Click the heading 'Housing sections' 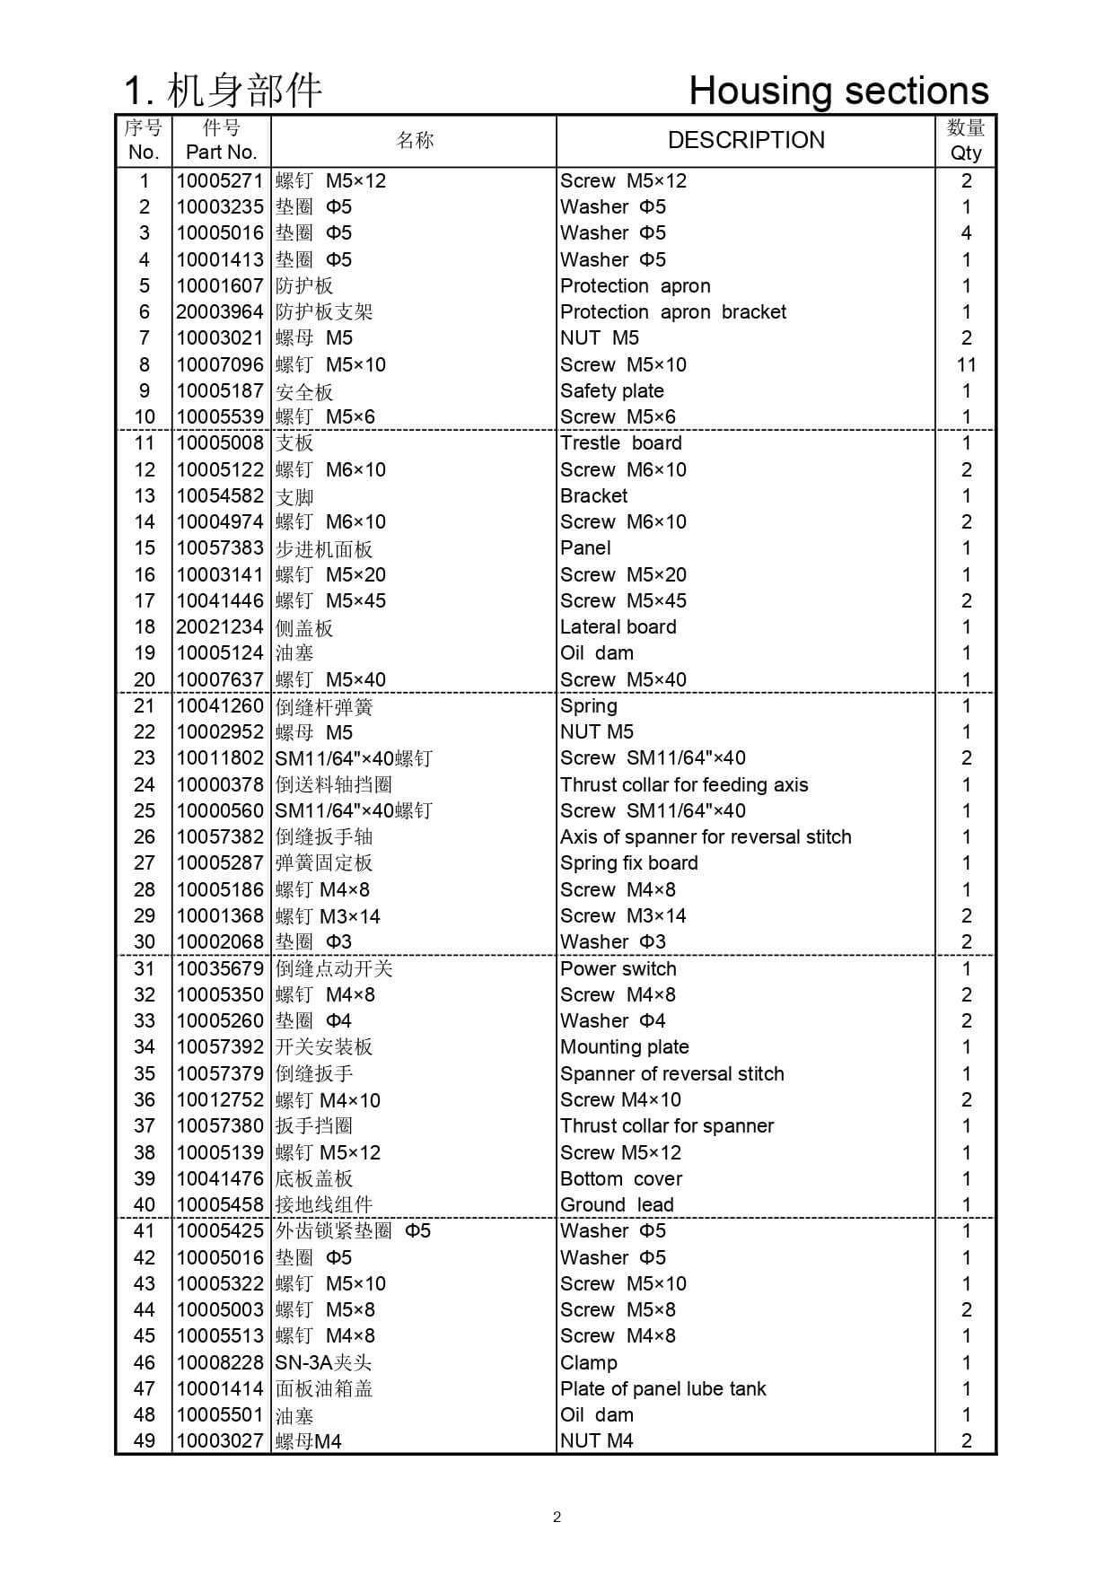(838, 91)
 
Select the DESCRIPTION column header (746, 140)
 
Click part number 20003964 (220, 312)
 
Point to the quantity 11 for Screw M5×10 (966, 365)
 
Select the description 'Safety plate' (612, 391)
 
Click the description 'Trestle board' (621, 443)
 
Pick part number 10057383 (220, 548)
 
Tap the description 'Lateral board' (618, 627)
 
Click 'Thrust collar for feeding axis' (684, 785)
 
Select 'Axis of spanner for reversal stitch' (706, 837)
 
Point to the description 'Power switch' (618, 969)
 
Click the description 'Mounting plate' (625, 1047)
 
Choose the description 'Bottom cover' (621, 1179)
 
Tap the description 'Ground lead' (617, 1205)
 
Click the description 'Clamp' (589, 1363)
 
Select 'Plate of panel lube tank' (663, 1389)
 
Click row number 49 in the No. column (144, 1441)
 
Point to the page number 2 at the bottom (557, 1518)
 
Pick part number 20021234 (220, 627)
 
